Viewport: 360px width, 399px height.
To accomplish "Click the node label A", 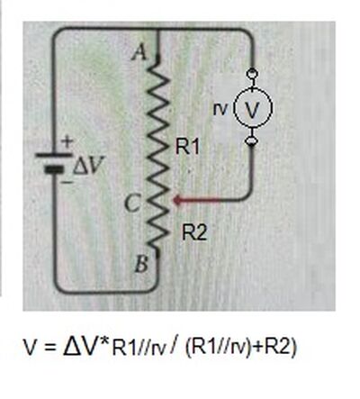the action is click(x=139, y=53).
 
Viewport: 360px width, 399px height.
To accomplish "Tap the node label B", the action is click(x=140, y=265).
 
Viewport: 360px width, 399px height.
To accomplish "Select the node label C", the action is click(x=131, y=204).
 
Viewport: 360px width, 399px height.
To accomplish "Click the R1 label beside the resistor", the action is click(x=187, y=147).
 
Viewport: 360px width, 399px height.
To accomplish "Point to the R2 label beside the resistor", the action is click(x=194, y=233).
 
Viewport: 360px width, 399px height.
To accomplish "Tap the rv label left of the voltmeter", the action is click(x=220, y=109).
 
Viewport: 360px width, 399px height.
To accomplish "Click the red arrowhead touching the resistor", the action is click(x=177, y=200).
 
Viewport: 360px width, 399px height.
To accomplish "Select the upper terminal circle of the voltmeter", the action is click(x=252, y=73).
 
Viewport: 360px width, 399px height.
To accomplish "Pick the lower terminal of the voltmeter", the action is click(x=252, y=141).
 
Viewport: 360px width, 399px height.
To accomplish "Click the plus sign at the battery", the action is click(x=67, y=141).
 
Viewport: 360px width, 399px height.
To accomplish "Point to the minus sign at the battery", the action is click(x=67, y=182).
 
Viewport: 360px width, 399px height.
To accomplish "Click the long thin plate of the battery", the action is click(x=54, y=155).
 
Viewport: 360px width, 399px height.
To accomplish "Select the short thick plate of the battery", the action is click(x=54, y=169).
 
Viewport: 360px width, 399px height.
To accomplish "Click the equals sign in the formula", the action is click(x=50, y=349).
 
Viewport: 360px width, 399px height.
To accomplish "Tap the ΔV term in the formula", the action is click(x=79, y=347).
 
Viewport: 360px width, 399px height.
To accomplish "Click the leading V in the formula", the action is click(x=31, y=348).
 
